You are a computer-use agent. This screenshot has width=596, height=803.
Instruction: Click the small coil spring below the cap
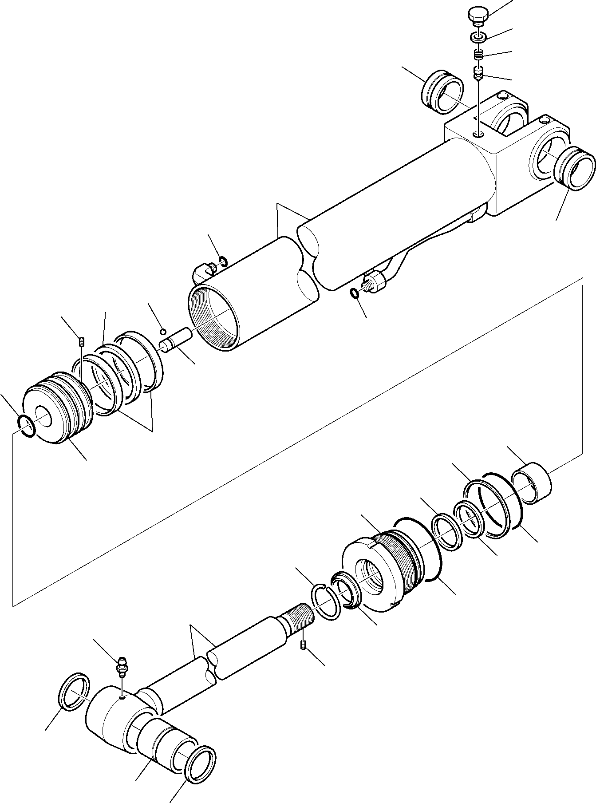point(479,55)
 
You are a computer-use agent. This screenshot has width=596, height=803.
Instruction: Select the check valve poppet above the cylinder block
point(479,73)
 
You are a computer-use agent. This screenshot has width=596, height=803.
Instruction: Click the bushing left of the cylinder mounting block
point(442,91)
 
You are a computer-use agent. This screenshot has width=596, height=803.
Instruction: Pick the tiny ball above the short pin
point(163,331)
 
